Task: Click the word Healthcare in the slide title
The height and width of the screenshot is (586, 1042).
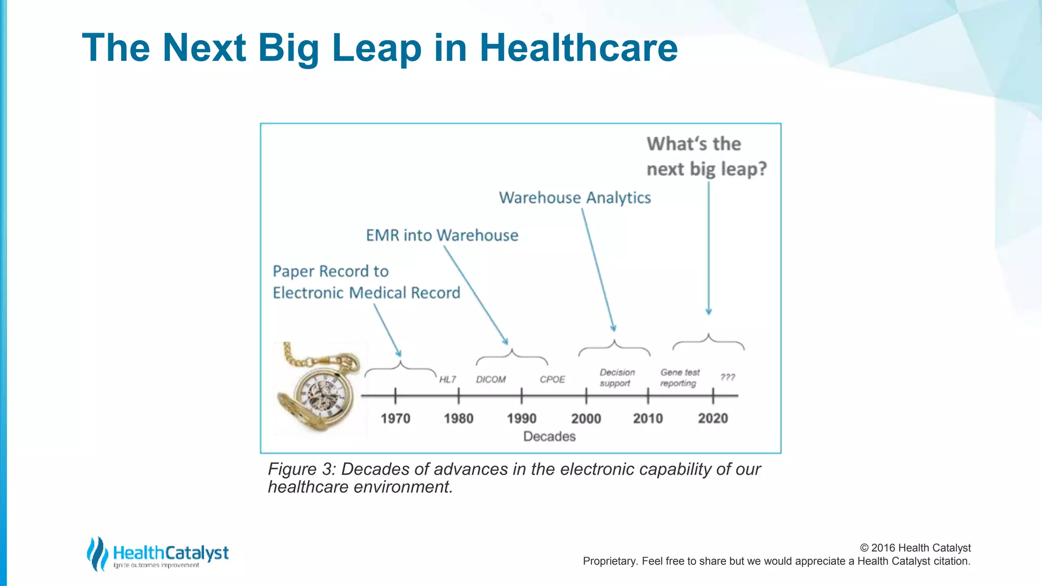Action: (x=578, y=48)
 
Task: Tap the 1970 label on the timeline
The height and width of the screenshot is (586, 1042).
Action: (x=395, y=419)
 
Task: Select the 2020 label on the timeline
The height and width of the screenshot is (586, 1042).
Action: (x=713, y=419)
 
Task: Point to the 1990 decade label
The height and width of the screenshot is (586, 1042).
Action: (x=522, y=419)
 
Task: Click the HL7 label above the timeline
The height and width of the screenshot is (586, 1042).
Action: (x=448, y=379)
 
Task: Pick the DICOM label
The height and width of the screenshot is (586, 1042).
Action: (x=491, y=379)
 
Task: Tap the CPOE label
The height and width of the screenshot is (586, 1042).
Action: (x=553, y=379)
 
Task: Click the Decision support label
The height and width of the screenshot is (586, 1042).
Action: (x=617, y=378)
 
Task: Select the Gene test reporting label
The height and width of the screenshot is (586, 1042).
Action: (x=680, y=378)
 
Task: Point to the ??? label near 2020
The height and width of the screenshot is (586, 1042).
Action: (x=728, y=377)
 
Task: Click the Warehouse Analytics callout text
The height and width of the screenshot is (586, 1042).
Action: (x=575, y=198)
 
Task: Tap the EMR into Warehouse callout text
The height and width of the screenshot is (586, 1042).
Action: (x=442, y=236)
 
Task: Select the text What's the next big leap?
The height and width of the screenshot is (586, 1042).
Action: (x=706, y=156)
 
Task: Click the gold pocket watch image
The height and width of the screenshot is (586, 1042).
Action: (x=318, y=389)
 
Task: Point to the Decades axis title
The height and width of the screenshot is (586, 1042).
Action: (x=549, y=436)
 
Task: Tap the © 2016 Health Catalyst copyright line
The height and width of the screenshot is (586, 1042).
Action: (x=915, y=548)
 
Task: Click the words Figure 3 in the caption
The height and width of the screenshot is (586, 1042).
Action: (x=301, y=469)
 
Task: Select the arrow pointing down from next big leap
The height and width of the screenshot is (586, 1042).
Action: (x=709, y=249)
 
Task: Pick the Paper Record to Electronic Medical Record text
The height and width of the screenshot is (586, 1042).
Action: (x=366, y=282)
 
